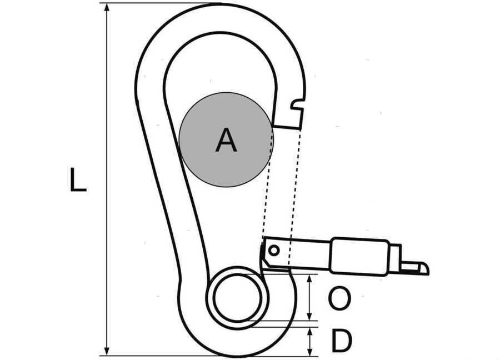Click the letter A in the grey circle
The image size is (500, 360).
pyautogui.click(x=226, y=140)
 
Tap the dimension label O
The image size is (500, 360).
pyautogui.click(x=339, y=298)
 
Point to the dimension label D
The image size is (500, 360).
pyautogui.click(x=342, y=341)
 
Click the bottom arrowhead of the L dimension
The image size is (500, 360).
pyautogui.click(x=107, y=349)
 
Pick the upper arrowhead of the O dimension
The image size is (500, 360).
pyautogui.click(x=309, y=279)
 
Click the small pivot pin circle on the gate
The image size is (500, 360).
pyautogui.click(x=273, y=251)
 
